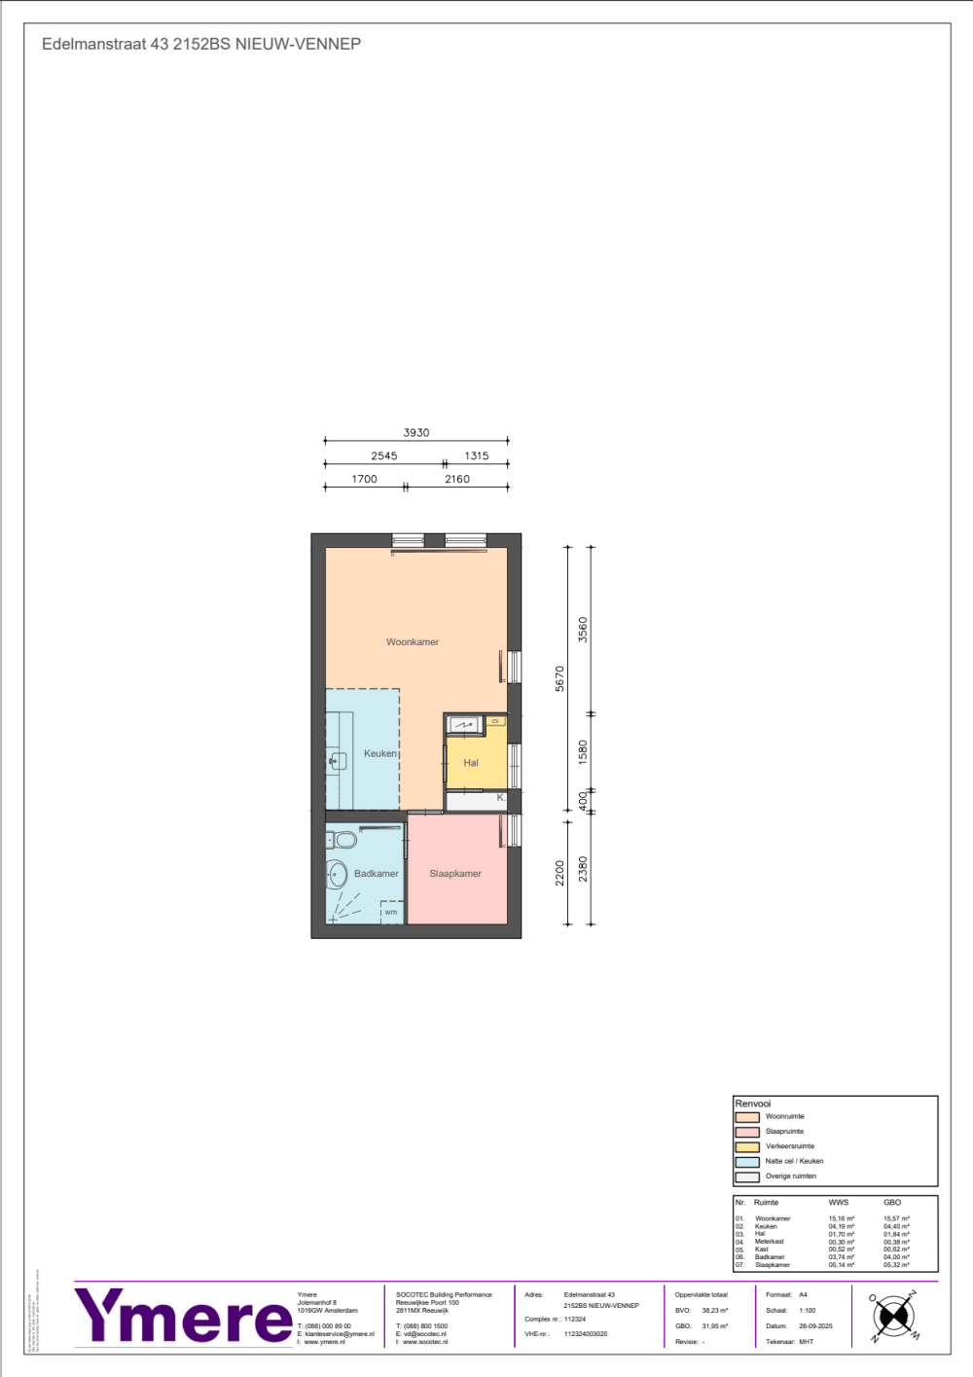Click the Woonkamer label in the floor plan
(x=413, y=642)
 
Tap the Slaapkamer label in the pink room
(x=455, y=874)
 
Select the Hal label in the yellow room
(x=471, y=763)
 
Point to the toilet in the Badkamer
(x=342, y=840)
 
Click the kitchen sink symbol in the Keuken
(x=338, y=761)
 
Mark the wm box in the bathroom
(x=391, y=912)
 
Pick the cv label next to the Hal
(x=495, y=721)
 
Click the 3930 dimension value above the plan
(x=416, y=433)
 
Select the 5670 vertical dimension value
(x=559, y=678)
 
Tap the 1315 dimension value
(x=477, y=455)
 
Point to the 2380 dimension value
(x=583, y=869)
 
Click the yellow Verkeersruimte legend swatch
(x=747, y=1146)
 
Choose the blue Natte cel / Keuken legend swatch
(x=747, y=1161)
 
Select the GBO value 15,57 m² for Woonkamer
(x=896, y=1218)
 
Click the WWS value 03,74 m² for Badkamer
(x=842, y=1257)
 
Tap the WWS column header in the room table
(x=839, y=1203)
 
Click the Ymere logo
(x=183, y=1317)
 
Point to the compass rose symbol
(x=893, y=1318)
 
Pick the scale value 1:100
(x=808, y=1311)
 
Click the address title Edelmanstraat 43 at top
(x=201, y=44)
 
